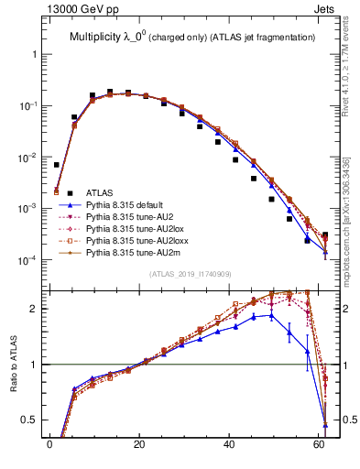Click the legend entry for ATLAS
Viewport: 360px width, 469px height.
[x=99, y=192]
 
